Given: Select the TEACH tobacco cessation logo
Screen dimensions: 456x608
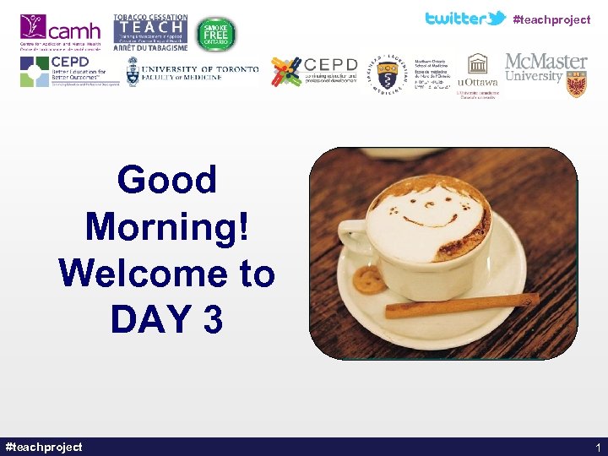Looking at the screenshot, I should click(x=150, y=33).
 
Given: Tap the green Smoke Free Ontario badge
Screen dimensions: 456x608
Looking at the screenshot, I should click(x=216, y=34).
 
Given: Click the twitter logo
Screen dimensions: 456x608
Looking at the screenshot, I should click(x=464, y=18).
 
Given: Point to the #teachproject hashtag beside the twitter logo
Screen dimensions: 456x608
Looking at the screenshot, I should click(x=551, y=19).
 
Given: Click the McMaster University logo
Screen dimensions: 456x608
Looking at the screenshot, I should click(x=546, y=72).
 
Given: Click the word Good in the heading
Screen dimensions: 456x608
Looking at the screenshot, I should click(x=167, y=180).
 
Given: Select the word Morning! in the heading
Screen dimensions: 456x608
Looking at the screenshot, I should click(x=167, y=226).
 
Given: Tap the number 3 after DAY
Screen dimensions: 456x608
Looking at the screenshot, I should click(x=212, y=319).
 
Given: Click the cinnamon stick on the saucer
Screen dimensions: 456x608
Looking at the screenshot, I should click(x=461, y=305).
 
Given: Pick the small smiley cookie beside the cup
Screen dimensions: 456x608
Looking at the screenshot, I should click(x=369, y=280).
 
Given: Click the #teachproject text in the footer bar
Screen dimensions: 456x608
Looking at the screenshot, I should click(x=44, y=447).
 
